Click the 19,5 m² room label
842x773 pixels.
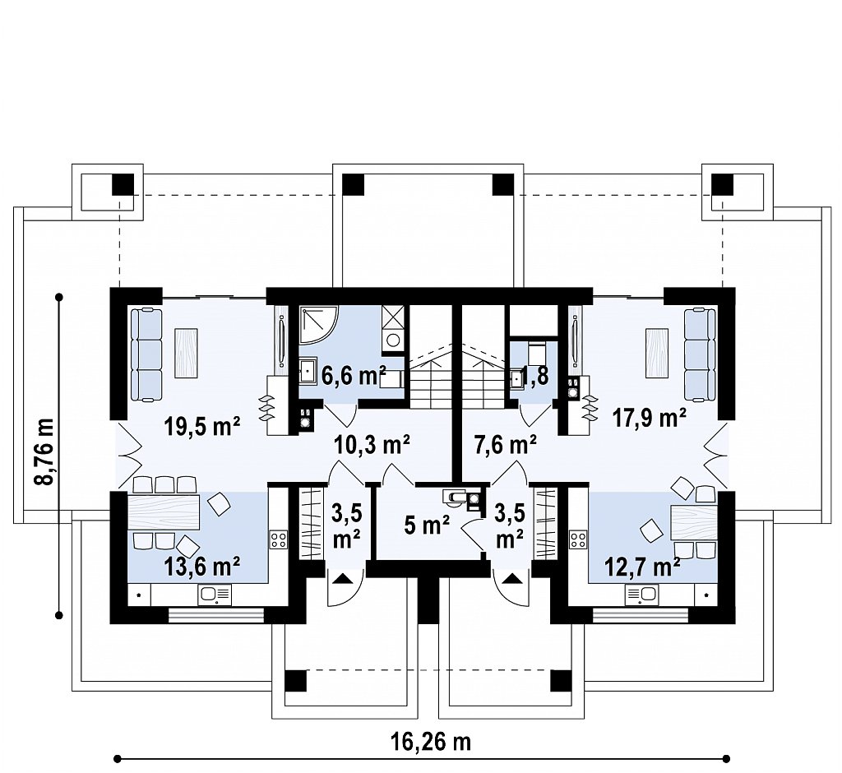pos(202,428)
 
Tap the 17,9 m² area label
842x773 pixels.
pos(650,417)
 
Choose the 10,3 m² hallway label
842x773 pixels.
pos(372,444)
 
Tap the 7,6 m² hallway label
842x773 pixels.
pos(505,444)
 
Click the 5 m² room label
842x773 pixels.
pos(427,526)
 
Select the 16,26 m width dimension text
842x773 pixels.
pos(431,742)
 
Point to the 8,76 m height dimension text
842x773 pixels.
pos(46,451)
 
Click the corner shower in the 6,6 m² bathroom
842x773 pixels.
pos(317,324)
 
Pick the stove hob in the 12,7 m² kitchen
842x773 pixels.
pos(579,539)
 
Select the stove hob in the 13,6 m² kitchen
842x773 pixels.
pos(279,539)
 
